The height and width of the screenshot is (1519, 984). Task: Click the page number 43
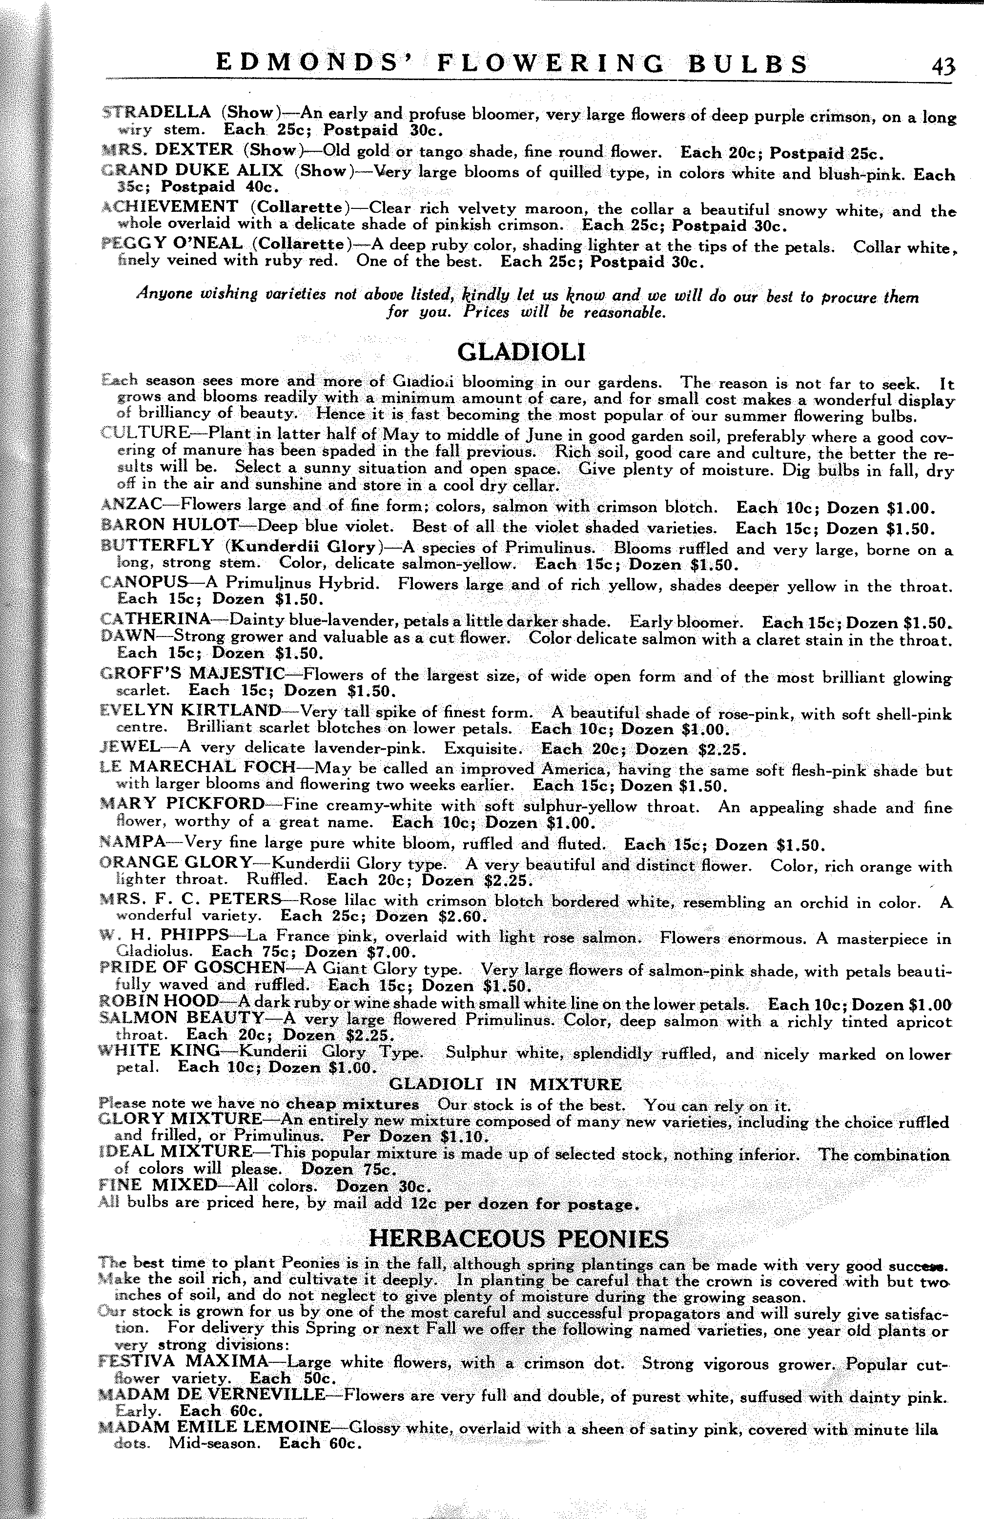[943, 66]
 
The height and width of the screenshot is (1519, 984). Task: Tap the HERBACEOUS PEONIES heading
[519, 1239]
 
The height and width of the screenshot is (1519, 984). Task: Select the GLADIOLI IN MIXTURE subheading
[505, 1085]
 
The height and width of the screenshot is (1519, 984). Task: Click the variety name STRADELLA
[157, 112]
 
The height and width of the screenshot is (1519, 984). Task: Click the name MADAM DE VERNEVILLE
[212, 1394]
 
